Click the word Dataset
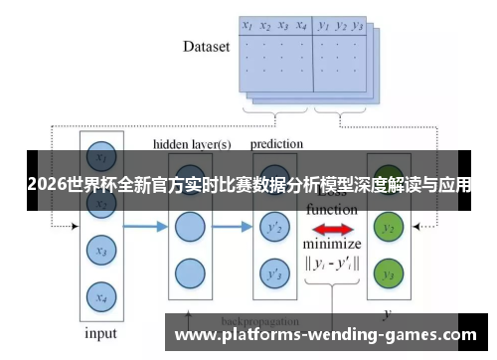206,47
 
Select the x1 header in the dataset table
248,26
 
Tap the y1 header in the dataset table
324,26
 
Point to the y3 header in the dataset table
359,26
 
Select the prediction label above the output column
276,144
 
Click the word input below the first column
98,333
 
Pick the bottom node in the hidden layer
189,271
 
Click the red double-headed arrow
332,230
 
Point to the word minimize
332,245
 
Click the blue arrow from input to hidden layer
144,228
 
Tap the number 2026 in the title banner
42,185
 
